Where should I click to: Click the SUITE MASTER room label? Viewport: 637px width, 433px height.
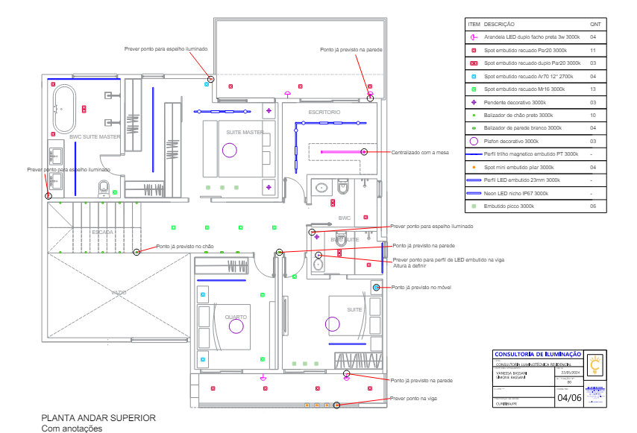245,133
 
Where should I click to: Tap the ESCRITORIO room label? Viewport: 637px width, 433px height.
324,112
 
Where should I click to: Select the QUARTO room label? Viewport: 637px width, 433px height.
236,317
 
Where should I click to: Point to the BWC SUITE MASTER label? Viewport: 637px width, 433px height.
95,137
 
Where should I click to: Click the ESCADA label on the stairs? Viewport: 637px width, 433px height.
103,233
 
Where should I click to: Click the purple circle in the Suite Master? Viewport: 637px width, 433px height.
229,150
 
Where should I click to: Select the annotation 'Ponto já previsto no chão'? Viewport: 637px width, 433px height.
185,246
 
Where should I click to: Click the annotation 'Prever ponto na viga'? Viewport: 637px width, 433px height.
413,399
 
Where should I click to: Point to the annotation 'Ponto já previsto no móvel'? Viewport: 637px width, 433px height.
421,287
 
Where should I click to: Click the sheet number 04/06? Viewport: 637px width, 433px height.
570,398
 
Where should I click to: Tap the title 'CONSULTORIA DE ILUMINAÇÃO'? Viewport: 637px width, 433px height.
538,353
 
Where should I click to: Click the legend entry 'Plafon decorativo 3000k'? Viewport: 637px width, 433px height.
511,141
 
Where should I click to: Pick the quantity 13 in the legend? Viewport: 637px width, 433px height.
593,89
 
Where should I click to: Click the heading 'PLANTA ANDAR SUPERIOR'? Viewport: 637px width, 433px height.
98,418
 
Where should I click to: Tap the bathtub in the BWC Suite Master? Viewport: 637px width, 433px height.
66,109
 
